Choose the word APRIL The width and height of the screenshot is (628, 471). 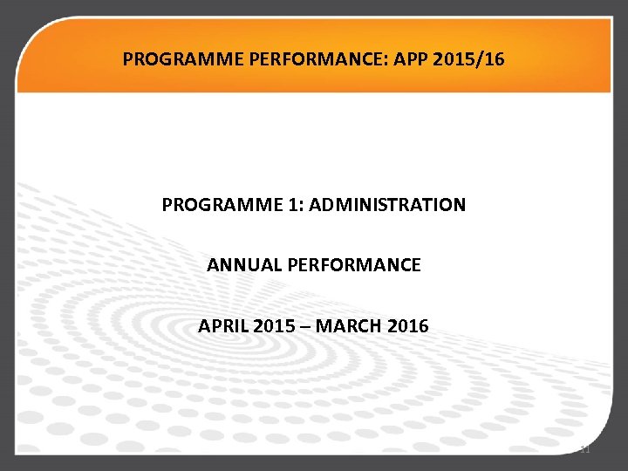point(223,326)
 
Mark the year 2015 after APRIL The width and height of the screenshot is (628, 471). point(275,326)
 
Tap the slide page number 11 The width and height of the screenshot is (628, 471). point(585,449)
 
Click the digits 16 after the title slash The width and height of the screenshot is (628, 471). point(494,60)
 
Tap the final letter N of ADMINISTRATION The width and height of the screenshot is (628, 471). point(460,205)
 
